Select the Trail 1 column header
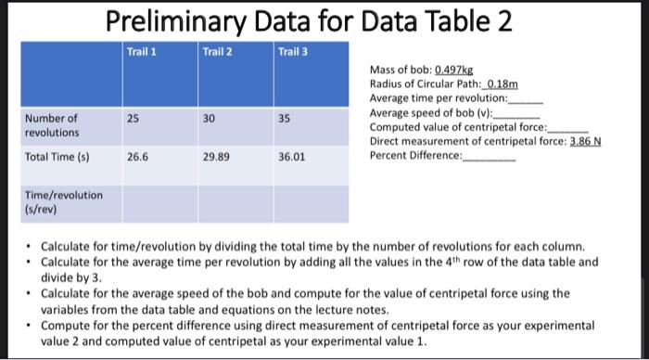tap(140, 50)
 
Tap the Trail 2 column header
tap(216, 50)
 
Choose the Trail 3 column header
tap(292, 50)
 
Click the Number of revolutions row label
tap(52, 125)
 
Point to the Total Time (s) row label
tap(57, 158)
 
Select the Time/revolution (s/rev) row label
tap(64, 201)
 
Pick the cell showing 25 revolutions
tap(133, 118)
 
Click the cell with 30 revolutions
tap(209, 118)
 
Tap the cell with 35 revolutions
tap(285, 118)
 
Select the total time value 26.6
tap(136, 158)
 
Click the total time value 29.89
tap(215, 158)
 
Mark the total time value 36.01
tap(292, 158)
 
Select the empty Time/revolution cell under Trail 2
tap(236, 202)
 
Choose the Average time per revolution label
tap(438, 97)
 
